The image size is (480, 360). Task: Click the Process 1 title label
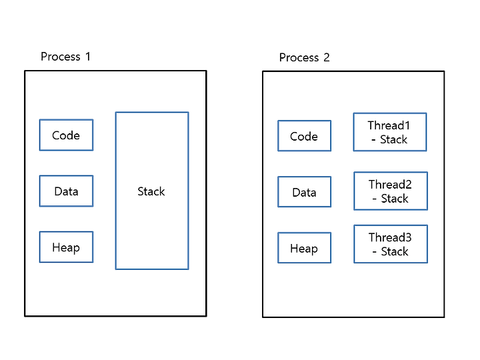(x=65, y=57)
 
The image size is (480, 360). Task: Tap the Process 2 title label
(x=304, y=57)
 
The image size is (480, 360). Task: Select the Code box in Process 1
(x=66, y=135)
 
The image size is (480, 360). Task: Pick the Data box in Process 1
(x=66, y=191)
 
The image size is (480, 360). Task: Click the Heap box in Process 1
(x=66, y=247)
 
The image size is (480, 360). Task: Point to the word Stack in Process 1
(x=151, y=191)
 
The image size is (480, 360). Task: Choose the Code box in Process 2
(x=304, y=136)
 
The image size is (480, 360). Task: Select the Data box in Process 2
(x=304, y=192)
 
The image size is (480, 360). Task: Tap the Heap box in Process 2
(x=304, y=248)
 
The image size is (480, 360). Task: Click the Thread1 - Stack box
(x=390, y=132)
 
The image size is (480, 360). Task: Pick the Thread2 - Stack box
(x=391, y=191)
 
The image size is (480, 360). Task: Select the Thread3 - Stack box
(x=391, y=244)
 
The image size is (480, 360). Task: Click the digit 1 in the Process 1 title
(x=88, y=57)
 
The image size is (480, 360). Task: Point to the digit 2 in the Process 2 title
(x=327, y=57)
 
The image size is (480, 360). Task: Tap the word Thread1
(x=389, y=125)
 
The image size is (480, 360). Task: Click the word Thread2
(x=390, y=184)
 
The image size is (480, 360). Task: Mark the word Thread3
(x=390, y=237)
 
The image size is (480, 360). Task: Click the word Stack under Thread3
(x=395, y=251)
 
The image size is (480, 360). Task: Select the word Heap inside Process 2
(x=304, y=249)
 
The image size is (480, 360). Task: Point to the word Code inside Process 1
(x=66, y=135)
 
